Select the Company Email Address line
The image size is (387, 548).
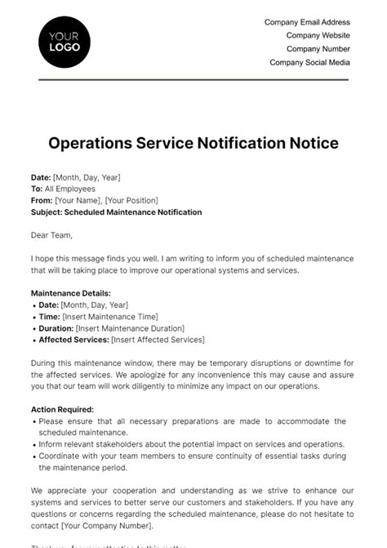307,23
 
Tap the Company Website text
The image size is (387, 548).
318,36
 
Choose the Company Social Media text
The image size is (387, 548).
309,62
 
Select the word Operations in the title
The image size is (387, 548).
90,143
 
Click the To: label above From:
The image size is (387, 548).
37,189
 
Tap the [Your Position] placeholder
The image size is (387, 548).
132,200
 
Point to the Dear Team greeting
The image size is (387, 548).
51,235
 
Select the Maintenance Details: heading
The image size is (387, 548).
70,292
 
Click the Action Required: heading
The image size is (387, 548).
62,408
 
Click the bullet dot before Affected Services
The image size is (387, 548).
34,340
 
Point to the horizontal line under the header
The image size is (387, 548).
193,80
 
